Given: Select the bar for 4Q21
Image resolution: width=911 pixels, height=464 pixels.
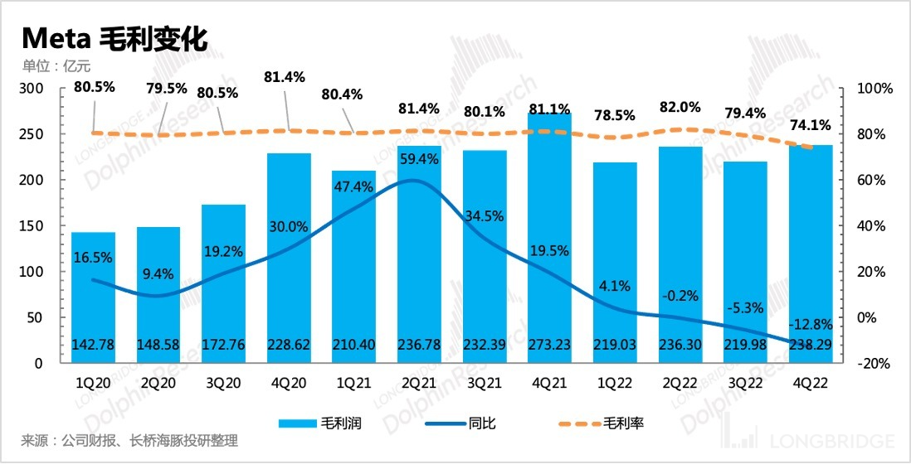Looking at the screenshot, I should (550, 240).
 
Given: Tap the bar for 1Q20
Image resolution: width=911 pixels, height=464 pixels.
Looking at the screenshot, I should (93, 298).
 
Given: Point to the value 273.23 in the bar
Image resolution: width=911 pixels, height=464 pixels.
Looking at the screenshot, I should (550, 346).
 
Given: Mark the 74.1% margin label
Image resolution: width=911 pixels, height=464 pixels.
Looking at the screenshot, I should (810, 125).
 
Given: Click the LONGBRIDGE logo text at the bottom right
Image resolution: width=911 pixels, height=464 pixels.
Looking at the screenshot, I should (834, 441).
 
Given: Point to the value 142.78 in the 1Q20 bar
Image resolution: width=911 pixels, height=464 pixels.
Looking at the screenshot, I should (93, 346).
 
